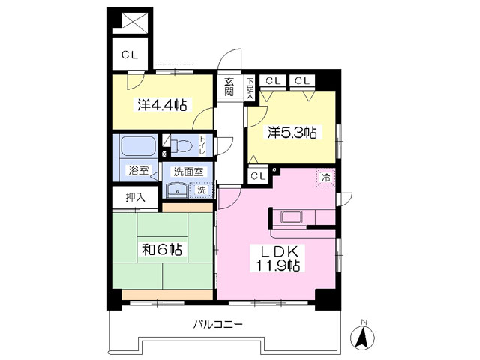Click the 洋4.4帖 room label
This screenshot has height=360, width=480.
pos(162,105)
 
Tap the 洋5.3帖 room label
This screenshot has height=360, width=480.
pos(292,133)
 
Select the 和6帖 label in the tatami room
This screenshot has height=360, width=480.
pos(162,250)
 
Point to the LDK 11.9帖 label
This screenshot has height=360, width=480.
pos(277,258)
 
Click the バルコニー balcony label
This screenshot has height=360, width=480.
pos(218,323)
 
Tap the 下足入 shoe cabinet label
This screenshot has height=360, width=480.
pos(250,88)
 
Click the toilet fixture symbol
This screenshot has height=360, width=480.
pos(181,145)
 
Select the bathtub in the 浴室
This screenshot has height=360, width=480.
pos(136,147)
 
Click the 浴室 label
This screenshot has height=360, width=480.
pos(138,170)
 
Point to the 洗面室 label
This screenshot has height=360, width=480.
pos(188,172)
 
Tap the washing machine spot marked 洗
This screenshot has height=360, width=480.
pos(201,190)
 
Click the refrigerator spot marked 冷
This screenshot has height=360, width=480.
pos(326,178)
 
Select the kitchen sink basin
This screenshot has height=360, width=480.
pos(292,217)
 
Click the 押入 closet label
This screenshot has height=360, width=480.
pos(135,198)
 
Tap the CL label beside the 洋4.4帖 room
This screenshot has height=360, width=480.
pos(130,55)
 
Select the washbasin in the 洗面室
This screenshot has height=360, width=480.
pos(177,190)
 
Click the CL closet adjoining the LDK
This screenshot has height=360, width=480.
pos(258,176)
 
